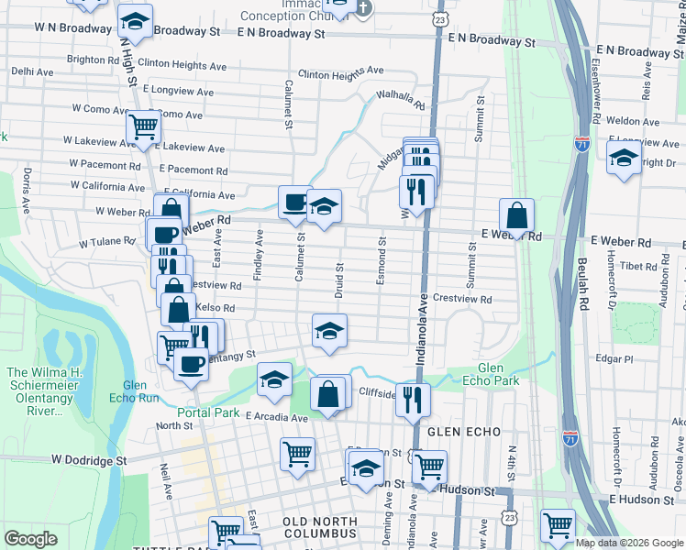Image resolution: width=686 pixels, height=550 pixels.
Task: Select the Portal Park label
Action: [x=208, y=412]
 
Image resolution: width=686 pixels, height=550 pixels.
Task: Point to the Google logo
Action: [x=31, y=539]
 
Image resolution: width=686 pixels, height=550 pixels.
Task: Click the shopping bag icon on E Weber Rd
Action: [x=517, y=217]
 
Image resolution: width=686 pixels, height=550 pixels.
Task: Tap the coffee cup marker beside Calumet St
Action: [x=294, y=202]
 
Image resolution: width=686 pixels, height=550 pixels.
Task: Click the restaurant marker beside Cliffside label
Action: [x=414, y=398]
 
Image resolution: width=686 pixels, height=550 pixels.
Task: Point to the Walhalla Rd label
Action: [x=400, y=99]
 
